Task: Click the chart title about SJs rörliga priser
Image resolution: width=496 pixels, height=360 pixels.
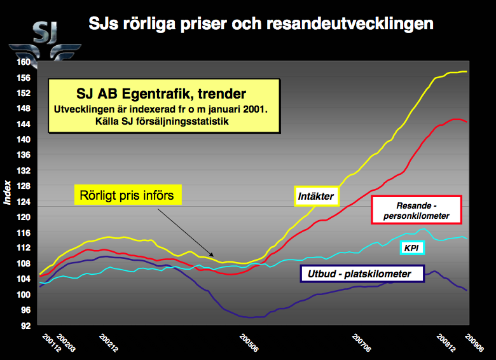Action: pyautogui.click(x=261, y=25)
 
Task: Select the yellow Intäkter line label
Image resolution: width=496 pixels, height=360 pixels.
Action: pyautogui.click(x=316, y=196)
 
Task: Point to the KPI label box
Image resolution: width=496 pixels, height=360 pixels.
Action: pyautogui.click(x=411, y=246)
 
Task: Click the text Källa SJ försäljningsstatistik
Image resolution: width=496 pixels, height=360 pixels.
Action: pyautogui.click(x=164, y=121)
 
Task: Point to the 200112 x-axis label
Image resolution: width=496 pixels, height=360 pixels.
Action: pyautogui.click(x=48, y=342)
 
